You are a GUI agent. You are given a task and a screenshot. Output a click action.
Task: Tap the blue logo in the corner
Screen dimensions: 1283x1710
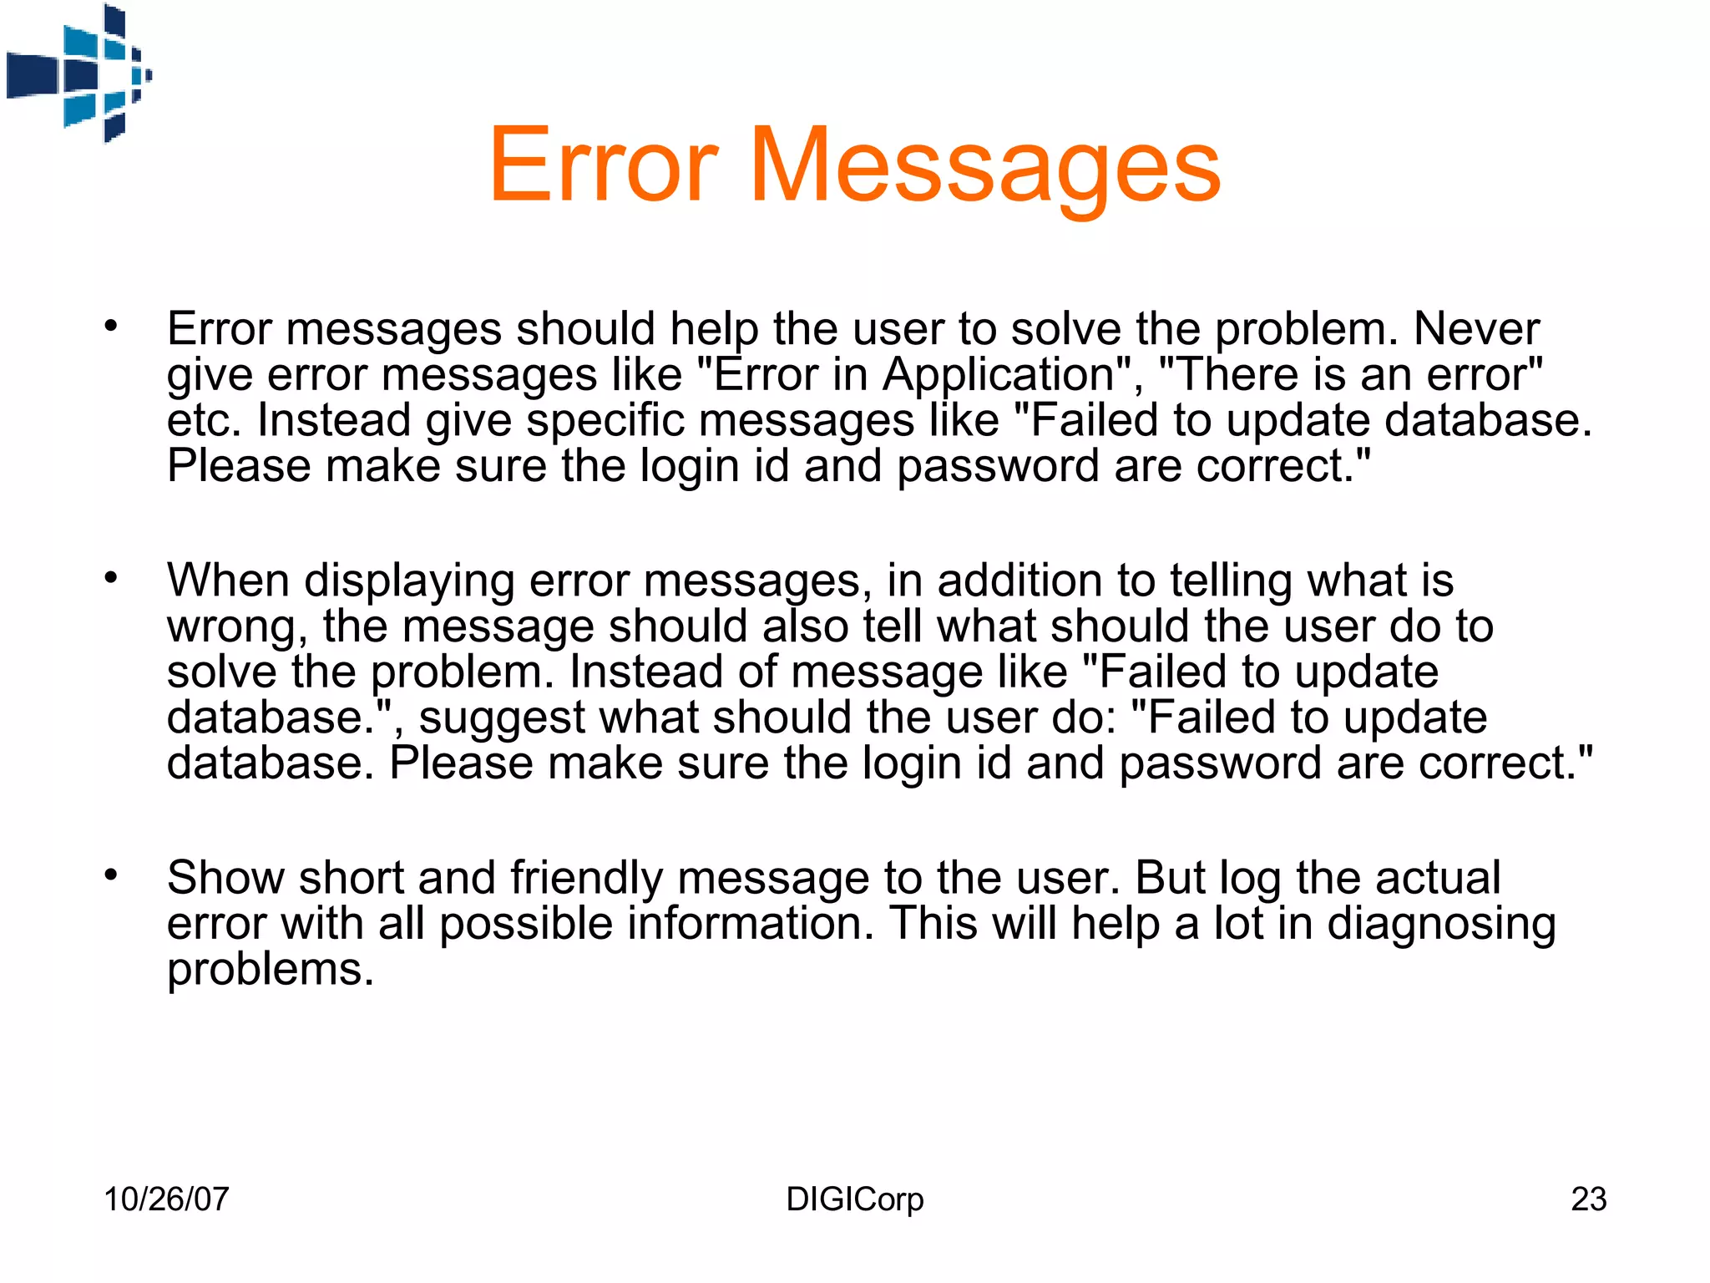point(79,74)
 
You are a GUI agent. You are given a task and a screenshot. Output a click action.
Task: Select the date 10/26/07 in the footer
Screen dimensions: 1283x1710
point(166,1199)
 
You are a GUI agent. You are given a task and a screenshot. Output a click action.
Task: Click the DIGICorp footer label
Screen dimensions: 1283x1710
point(855,1199)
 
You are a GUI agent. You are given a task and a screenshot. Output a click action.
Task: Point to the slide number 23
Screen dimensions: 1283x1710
point(1588,1199)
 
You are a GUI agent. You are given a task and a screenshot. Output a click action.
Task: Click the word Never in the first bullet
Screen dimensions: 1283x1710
point(1476,328)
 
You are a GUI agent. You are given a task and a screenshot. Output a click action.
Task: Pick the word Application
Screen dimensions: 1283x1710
point(999,375)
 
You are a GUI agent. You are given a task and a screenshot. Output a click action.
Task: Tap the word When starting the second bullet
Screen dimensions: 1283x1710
point(228,580)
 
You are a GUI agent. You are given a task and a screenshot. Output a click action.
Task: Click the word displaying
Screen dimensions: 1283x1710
point(409,581)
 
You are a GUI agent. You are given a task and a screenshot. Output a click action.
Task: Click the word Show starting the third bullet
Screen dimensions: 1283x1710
point(225,878)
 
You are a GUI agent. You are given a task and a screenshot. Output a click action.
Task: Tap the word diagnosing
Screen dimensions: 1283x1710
point(1441,925)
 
